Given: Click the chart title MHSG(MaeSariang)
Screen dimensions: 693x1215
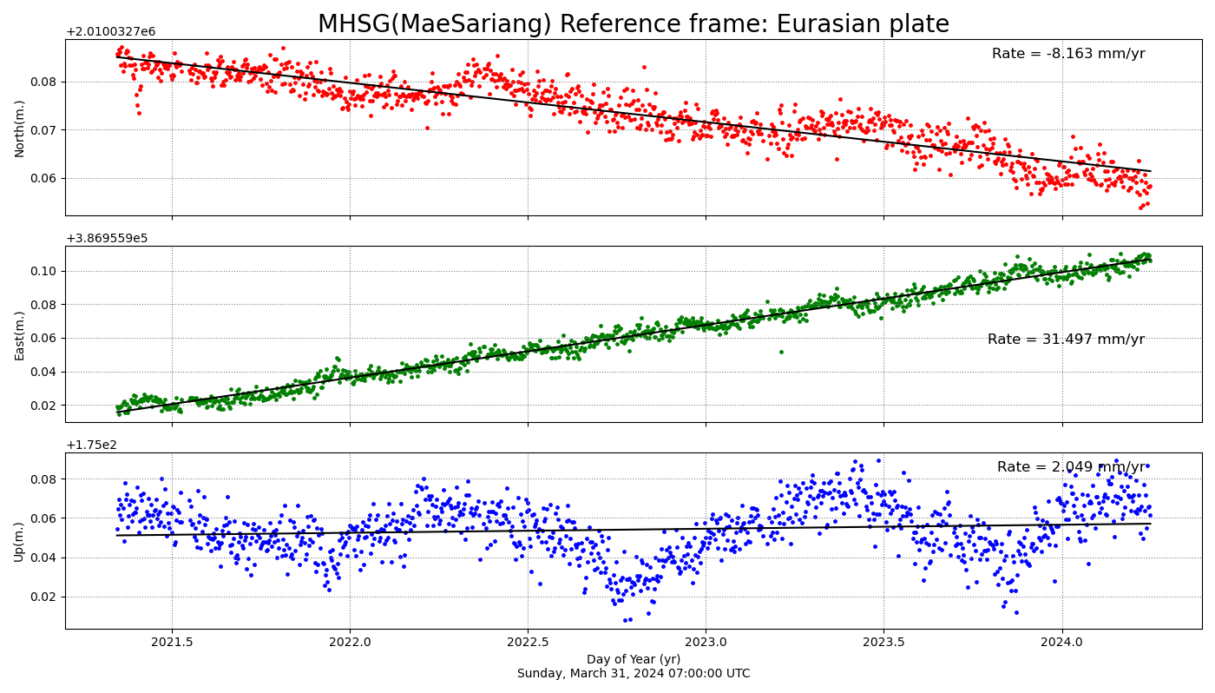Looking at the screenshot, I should coord(633,23).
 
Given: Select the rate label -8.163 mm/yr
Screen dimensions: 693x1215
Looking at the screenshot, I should coord(1068,54).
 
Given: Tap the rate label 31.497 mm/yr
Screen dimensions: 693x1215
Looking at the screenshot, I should coord(1066,340).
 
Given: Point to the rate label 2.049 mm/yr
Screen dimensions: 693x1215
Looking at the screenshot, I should coord(1071,467).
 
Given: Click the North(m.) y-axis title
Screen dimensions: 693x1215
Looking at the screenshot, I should coord(20,128).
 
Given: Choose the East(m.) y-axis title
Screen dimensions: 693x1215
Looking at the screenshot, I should coord(20,335).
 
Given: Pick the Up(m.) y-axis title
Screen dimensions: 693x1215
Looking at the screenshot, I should coord(20,541).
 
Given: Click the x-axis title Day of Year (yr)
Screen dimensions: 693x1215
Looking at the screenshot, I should coord(633,659).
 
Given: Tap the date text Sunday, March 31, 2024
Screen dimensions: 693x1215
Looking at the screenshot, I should coord(633,674).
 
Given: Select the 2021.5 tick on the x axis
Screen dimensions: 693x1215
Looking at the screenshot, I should coord(171,643).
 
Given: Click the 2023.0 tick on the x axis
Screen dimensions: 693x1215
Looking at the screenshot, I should coord(706,643).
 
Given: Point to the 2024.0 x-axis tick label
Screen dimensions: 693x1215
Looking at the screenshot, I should coord(1061,643).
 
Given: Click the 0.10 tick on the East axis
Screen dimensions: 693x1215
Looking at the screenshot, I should coord(45,271).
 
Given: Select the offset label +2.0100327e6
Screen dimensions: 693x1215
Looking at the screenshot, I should coord(110,32).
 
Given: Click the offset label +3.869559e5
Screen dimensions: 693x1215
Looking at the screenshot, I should coord(107,239).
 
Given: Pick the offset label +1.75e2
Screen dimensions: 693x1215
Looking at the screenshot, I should coord(91,445).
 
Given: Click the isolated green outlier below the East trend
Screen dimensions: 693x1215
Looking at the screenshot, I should coord(781,352).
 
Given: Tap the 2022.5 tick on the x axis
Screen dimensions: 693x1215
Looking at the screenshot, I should coord(528,643).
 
